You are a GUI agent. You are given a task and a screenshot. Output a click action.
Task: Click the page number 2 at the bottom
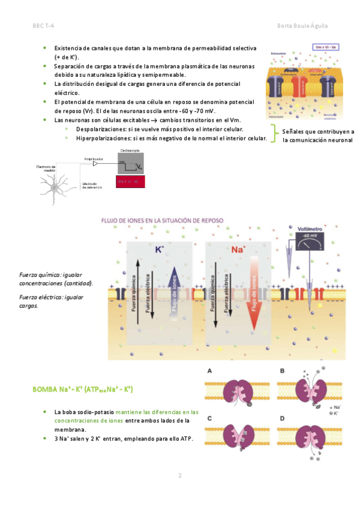click(x=179, y=476)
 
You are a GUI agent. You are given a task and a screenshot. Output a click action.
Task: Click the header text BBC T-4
click(x=43, y=26)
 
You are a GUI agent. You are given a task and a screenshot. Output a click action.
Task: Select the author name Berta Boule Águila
click(x=303, y=26)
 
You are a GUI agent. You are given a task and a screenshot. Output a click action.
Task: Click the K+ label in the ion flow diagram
click(x=160, y=248)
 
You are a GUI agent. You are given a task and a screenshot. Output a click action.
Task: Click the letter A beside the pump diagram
click(x=209, y=371)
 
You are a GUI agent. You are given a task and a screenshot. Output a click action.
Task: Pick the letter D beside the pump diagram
click(x=283, y=418)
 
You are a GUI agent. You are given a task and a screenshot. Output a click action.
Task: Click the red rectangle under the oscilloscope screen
click(x=131, y=181)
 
